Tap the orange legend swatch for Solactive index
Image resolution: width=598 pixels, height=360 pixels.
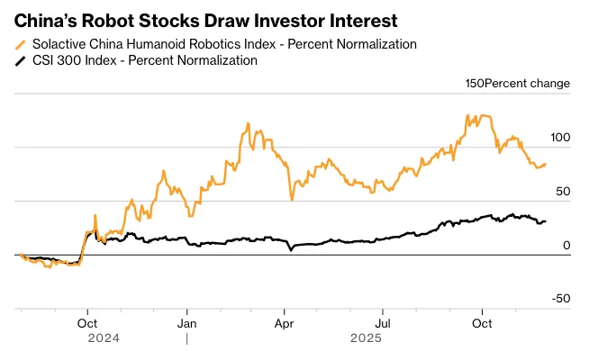21,44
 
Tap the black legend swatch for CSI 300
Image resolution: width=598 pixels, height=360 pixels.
21,60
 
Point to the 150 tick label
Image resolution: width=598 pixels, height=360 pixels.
475,84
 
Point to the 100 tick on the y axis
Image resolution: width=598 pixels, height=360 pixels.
559,138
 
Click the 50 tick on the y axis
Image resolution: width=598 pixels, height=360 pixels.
563,192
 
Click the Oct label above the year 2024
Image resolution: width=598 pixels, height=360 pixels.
87,322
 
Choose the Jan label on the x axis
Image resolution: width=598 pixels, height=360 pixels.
186,322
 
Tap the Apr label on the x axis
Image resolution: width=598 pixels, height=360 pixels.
285,322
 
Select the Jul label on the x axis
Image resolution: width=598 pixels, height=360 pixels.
384,322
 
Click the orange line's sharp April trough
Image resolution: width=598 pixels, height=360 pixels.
292,199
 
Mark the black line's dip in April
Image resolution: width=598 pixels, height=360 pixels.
291,250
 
